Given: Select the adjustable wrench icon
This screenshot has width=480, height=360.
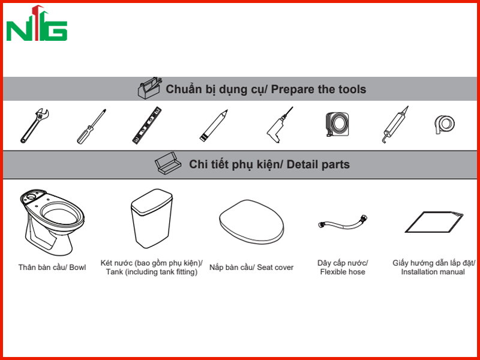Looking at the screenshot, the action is coord(34,126).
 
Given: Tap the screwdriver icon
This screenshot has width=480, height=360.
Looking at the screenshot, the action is coord(91,127).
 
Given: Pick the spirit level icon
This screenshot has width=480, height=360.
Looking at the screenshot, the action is coord(147,125).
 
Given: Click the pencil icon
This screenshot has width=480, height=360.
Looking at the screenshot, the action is coord(214,125).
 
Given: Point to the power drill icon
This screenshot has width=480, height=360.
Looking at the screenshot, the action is coord(280,125).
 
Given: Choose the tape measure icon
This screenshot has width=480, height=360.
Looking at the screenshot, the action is coord(337,124).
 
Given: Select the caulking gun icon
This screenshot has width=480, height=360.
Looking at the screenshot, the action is coord(395,125).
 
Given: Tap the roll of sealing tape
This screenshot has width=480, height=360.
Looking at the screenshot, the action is coord(445,124).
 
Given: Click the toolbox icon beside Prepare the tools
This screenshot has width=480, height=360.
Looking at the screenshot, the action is coord(149,88).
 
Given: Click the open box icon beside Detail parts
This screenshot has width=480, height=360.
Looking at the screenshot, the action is coord(168,163).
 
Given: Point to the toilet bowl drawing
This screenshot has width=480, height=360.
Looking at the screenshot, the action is coord(52,223).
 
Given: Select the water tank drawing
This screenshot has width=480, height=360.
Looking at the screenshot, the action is coord(152,218).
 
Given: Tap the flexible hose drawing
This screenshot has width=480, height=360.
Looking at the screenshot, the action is coord(343,223).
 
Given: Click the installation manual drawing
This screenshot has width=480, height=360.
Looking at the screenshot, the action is coord(434,222).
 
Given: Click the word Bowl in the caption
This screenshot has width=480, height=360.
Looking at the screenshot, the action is coord(77,268).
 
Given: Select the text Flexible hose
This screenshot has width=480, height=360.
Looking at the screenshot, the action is coord(343,272).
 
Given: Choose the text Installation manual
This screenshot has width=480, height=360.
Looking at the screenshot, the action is coord(433,272).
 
